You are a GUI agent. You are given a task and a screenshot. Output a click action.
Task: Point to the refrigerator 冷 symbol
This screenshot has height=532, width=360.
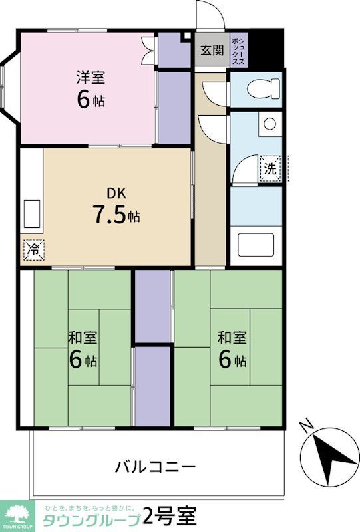click(x=32, y=249)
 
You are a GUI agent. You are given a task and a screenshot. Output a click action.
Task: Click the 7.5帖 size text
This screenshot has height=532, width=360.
click(x=116, y=216)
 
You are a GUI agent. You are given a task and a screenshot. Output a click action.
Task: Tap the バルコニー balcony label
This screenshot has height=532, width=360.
click(x=157, y=465)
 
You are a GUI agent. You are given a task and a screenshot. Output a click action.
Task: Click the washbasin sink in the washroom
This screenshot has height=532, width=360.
click(x=269, y=124)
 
